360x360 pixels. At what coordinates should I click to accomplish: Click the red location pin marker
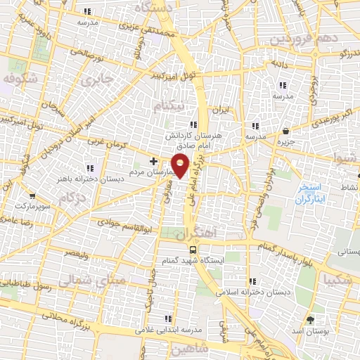[x=181, y=165]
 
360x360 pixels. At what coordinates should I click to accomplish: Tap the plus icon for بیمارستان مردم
[x=153, y=161]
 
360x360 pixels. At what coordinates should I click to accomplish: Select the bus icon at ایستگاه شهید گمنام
[x=193, y=250]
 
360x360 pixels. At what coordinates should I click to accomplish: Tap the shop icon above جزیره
[x=285, y=131]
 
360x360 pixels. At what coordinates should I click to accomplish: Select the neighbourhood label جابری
[x=96, y=79]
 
